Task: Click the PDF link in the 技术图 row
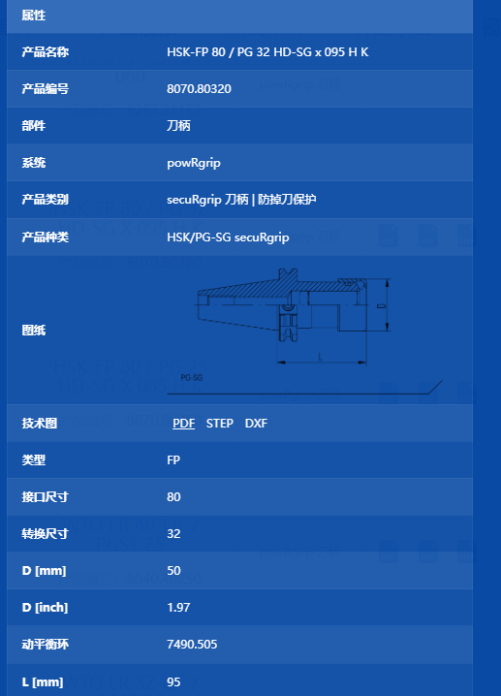click(x=184, y=423)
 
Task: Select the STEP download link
click(x=220, y=423)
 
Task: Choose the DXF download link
click(x=256, y=423)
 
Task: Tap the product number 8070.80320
click(x=199, y=89)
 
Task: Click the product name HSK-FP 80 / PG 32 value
click(x=267, y=52)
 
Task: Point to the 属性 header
click(x=34, y=16)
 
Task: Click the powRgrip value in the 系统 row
click(x=194, y=163)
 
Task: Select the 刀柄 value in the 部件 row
click(x=178, y=126)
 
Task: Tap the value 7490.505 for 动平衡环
click(x=192, y=644)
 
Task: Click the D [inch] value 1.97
click(x=178, y=607)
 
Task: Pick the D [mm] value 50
click(x=173, y=570)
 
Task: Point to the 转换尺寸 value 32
click(x=173, y=533)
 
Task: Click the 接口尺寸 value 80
click(x=173, y=496)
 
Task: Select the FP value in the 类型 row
click(x=173, y=459)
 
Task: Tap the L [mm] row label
click(x=43, y=681)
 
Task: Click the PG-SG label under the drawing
click(x=192, y=378)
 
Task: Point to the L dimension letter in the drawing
click(x=320, y=357)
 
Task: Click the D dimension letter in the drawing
click(x=381, y=305)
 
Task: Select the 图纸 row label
click(x=34, y=331)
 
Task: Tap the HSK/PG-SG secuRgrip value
click(x=228, y=237)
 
